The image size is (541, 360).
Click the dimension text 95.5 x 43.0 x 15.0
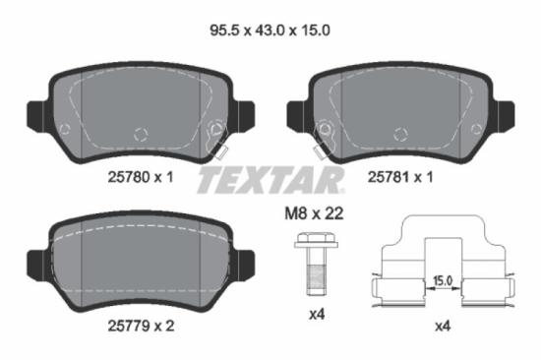(x=270, y=30)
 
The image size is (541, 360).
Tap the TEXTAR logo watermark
(x=270, y=180)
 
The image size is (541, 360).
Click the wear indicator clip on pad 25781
(x=320, y=148)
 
